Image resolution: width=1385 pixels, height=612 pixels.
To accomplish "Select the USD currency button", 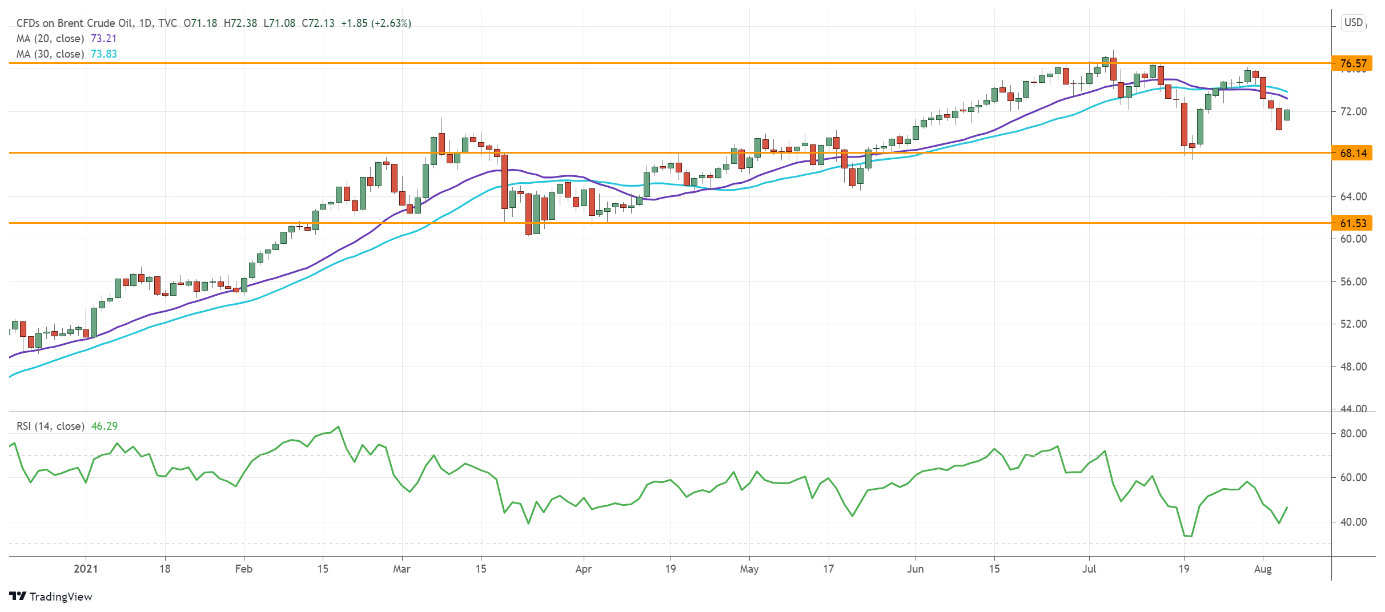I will pyautogui.click(x=1354, y=23).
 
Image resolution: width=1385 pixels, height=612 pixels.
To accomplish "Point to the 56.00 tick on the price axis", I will pyautogui.click(x=1353, y=281).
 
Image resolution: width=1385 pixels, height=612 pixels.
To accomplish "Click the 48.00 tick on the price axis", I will pyautogui.click(x=1353, y=367).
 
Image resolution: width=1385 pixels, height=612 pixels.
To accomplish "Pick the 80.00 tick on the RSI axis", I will pyautogui.click(x=1353, y=433).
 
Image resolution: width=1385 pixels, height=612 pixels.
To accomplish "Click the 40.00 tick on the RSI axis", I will pyautogui.click(x=1353, y=522).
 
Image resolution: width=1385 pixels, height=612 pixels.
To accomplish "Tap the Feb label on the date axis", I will pyautogui.click(x=244, y=569).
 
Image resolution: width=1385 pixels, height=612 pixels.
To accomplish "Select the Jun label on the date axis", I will pyautogui.click(x=916, y=569).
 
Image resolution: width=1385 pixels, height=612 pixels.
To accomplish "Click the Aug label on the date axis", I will pyautogui.click(x=1263, y=569).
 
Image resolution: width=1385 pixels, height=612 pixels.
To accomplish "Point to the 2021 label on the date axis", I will pyautogui.click(x=86, y=569).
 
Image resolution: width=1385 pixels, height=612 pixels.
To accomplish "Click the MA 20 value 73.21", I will pyautogui.click(x=103, y=38).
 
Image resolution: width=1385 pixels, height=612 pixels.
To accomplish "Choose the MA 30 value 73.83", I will pyautogui.click(x=103, y=54).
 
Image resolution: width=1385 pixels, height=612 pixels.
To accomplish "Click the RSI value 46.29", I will pyautogui.click(x=105, y=426).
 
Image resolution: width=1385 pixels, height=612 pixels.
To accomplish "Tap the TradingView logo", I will pyautogui.click(x=51, y=597).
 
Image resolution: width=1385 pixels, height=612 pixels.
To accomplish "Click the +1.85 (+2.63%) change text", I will pyautogui.click(x=376, y=23).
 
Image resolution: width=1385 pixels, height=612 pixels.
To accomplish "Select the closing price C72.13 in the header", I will pyautogui.click(x=318, y=23).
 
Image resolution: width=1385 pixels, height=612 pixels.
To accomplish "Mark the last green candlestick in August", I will pyautogui.click(x=1287, y=115).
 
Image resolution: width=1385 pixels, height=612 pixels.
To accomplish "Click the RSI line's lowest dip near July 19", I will pyautogui.click(x=1191, y=536).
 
